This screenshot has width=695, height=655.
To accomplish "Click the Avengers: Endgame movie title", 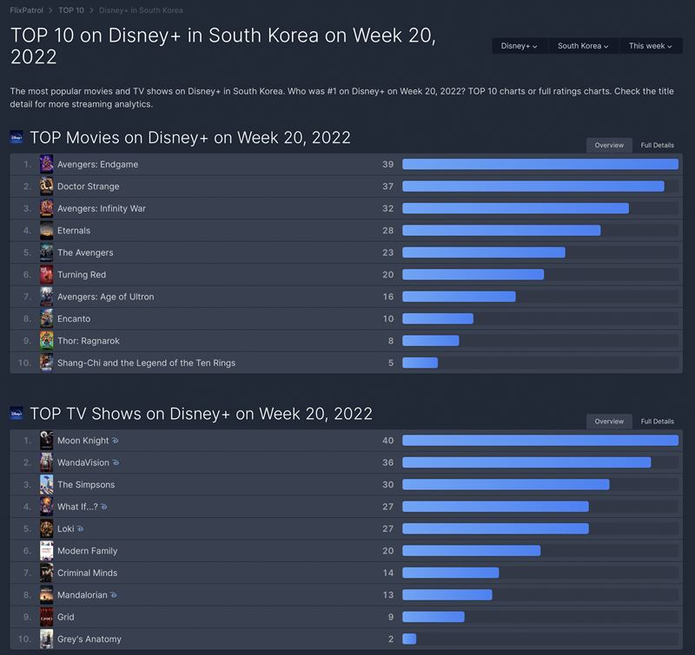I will [x=97, y=165].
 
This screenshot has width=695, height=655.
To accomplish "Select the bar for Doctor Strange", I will [x=533, y=187].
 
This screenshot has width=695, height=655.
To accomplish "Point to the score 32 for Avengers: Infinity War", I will [x=387, y=208].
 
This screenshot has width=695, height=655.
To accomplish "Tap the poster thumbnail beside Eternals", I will [x=47, y=231].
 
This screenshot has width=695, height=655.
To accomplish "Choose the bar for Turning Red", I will [x=473, y=275].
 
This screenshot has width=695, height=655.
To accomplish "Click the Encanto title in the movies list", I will [x=74, y=318].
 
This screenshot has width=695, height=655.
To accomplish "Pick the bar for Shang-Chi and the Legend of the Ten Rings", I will [x=420, y=363].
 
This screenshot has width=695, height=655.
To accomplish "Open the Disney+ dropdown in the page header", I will [x=519, y=46].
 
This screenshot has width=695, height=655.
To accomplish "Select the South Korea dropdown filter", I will [x=582, y=46].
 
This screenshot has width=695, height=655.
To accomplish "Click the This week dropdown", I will [x=651, y=46].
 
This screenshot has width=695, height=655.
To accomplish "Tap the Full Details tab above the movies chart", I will [x=657, y=145].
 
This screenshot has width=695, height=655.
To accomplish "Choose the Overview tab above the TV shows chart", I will [x=608, y=421].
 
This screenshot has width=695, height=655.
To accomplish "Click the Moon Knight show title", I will [x=83, y=441].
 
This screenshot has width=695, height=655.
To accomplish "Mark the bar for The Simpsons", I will [x=506, y=485].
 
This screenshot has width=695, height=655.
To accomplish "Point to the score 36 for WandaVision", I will [x=387, y=462].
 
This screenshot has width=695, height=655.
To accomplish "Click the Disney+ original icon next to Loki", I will [x=80, y=529].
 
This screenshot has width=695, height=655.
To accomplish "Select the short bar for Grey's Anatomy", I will [x=409, y=639].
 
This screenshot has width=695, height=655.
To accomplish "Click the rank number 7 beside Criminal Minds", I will [x=27, y=573].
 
